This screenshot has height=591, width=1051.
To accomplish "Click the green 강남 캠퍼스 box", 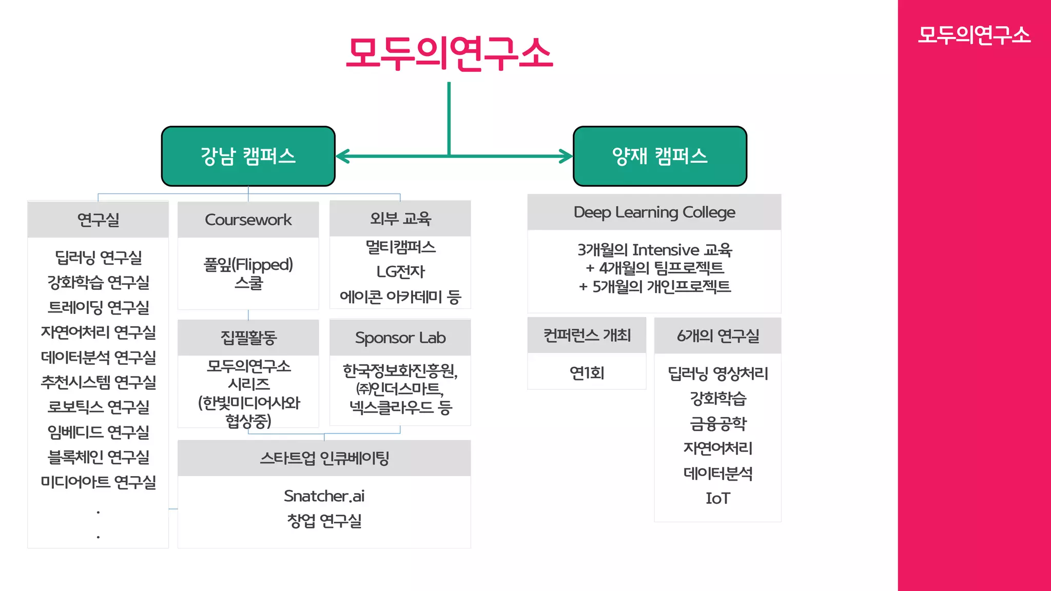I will click(x=248, y=156).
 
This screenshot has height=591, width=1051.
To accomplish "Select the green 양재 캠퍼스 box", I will click(x=659, y=156).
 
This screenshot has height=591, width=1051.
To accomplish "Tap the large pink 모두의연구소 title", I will click(x=450, y=53).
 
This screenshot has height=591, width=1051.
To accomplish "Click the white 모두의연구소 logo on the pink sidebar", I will click(x=974, y=35).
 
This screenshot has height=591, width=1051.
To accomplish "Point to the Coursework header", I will click(x=248, y=220).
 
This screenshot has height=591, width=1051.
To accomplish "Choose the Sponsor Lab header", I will click(x=400, y=338).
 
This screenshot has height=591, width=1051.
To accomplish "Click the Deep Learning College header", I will click(x=654, y=212).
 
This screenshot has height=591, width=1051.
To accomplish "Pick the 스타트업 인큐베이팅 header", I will click(x=324, y=458).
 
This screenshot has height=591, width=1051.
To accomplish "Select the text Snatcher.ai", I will click(x=324, y=496).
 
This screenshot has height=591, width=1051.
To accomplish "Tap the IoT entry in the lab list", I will click(x=717, y=498).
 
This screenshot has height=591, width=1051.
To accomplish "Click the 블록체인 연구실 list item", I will click(x=98, y=457).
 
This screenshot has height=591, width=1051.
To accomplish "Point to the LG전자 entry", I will click(x=400, y=271).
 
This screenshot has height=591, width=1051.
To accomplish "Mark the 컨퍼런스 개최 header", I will click(x=587, y=336).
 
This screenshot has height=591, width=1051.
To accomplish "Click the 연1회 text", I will click(x=587, y=373).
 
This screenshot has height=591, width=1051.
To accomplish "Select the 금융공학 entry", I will click(x=717, y=423).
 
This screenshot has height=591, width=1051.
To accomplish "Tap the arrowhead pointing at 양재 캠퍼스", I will click(x=567, y=156).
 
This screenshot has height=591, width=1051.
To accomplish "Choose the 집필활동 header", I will click(x=248, y=338).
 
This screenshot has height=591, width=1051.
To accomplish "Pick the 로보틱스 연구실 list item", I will click(x=98, y=407).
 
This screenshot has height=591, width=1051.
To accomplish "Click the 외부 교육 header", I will click(x=400, y=219).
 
